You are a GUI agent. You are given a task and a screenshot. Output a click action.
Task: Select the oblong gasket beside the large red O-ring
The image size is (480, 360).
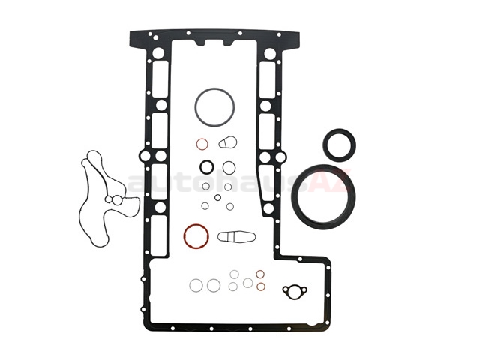pyautogui.click(x=236, y=237)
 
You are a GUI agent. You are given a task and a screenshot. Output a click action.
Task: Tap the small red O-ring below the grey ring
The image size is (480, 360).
pyautogui.click(x=202, y=143)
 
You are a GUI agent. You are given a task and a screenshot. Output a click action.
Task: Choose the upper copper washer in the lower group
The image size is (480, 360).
pyautogui.click(x=260, y=274)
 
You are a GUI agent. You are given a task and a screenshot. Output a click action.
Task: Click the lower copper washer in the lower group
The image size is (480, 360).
pyautogui.click(x=260, y=286)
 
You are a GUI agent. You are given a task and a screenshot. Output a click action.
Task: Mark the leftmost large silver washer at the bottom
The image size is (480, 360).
pyautogui.click(x=196, y=285)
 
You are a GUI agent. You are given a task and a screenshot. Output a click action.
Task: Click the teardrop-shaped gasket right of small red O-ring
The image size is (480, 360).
pyautogui.click(x=229, y=142)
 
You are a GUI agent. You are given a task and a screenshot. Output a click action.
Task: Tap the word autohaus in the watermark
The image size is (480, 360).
pyautogui.click(x=180, y=182)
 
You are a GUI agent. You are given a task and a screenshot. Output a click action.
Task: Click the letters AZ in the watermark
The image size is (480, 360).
pyautogui.click(x=331, y=182)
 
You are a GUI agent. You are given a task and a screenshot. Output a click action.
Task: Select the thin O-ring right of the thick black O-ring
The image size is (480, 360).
pyautogui.click(x=229, y=167)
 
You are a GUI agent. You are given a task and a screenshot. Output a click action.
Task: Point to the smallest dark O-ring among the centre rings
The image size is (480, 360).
pyautogui.click(x=217, y=198)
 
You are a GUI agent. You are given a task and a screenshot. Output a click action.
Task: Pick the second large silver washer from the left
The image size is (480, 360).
pyautogui.click(x=214, y=285)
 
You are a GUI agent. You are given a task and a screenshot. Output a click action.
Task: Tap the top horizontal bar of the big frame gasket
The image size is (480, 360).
pyautogui.click(x=217, y=34)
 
